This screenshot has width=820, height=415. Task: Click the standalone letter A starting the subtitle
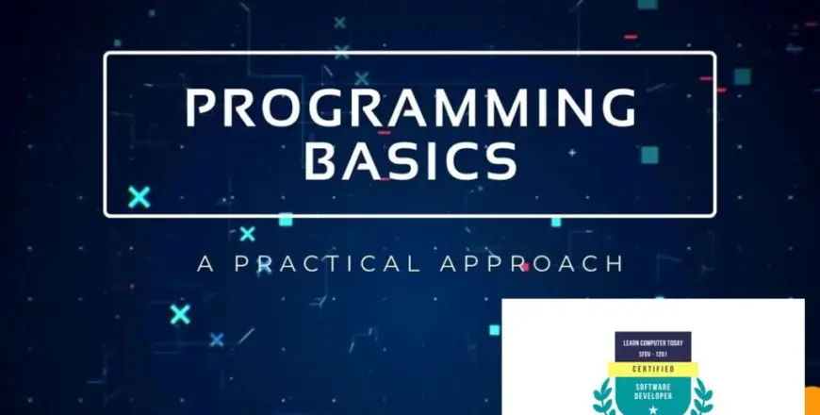206,263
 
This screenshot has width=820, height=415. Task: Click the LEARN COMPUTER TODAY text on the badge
652,337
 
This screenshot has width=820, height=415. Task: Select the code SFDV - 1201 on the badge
652,350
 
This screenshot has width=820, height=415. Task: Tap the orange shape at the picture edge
812,401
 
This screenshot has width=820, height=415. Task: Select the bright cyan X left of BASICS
139,197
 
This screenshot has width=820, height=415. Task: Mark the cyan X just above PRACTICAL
247,233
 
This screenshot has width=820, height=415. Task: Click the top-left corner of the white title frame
107,54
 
